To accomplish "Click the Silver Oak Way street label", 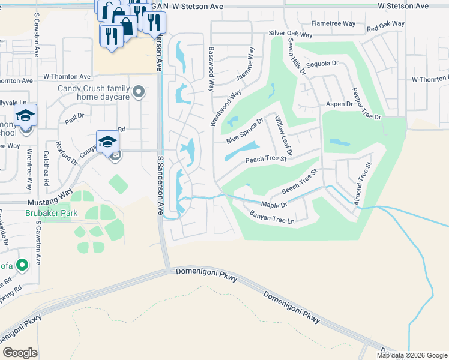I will [291, 33].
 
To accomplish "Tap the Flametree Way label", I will [332, 25].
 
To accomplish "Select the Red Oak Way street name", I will [385, 26].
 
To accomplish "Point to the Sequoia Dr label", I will [322, 63].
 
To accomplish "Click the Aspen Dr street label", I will [339, 104].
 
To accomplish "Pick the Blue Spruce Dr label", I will [245, 131].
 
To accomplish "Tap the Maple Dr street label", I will [275, 205].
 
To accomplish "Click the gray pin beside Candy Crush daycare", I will [139, 92].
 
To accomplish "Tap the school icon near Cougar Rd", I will [108, 142].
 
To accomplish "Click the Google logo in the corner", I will [20, 353].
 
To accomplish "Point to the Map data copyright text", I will [411, 355].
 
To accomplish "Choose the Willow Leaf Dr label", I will [282, 137].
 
